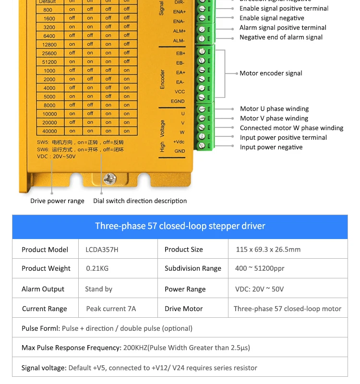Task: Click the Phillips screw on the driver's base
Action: (x=110, y=179)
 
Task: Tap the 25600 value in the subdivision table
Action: (x=49, y=53)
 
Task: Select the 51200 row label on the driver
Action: (x=49, y=62)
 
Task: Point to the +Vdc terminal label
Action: (x=179, y=142)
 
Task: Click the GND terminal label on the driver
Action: (x=180, y=151)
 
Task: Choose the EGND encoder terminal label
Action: (x=178, y=101)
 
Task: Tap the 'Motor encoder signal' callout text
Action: (x=271, y=73)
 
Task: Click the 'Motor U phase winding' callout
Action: (x=274, y=109)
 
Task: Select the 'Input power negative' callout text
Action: (x=271, y=147)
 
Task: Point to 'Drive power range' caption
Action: (x=57, y=201)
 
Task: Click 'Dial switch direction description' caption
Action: (x=140, y=201)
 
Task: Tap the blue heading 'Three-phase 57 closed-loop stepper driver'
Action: (x=180, y=226)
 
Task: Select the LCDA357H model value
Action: (x=102, y=250)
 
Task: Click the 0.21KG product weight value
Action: (x=97, y=268)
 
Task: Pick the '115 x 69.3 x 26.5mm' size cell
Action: (x=268, y=250)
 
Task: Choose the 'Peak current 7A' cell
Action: (x=111, y=309)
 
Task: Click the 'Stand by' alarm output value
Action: (x=98, y=289)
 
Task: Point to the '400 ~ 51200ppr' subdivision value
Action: (x=260, y=268)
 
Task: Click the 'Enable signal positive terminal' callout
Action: (x=284, y=9)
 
